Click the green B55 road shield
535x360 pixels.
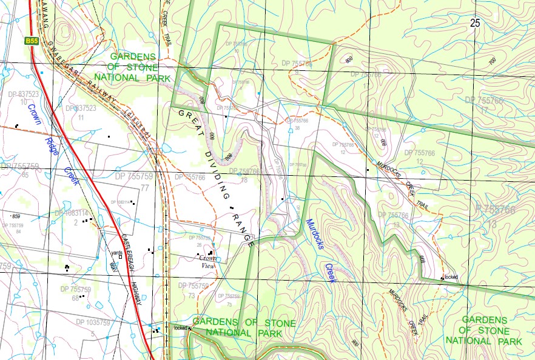pos(32,41)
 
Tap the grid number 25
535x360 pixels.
pos(474,23)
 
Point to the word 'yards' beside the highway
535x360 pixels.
pos(116,252)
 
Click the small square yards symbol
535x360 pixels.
pos(121,257)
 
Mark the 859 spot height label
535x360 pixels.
pos(16,216)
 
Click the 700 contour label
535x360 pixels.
pos(492,61)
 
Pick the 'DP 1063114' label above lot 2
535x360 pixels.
pos(72,213)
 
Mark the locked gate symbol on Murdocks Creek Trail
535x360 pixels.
pos(442,278)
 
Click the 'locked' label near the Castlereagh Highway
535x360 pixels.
pos(180,328)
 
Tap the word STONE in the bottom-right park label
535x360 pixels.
pos(491,330)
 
